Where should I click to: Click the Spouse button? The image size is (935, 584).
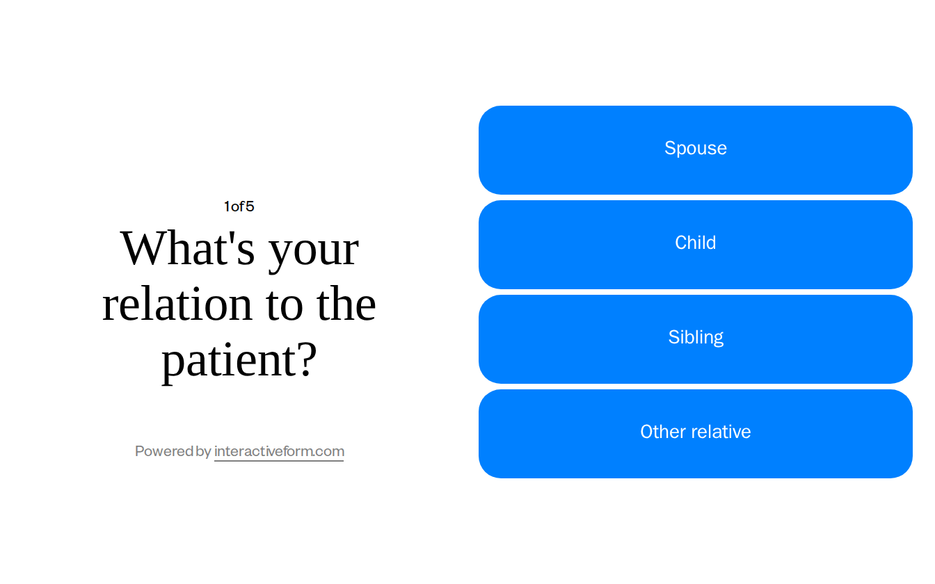(696, 149)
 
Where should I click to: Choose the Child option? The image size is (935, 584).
(696, 244)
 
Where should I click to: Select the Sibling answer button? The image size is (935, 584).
(696, 339)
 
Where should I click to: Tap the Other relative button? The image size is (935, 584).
(696, 433)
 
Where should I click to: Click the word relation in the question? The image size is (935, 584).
(177, 305)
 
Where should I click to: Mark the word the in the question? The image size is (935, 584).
(346, 305)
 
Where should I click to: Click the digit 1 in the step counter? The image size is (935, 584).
(227, 206)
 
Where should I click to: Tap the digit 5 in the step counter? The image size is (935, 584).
(250, 206)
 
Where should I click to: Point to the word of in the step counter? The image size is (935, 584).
(238, 206)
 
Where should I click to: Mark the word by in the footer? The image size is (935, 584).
(204, 452)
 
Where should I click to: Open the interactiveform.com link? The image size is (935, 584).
(279, 452)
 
